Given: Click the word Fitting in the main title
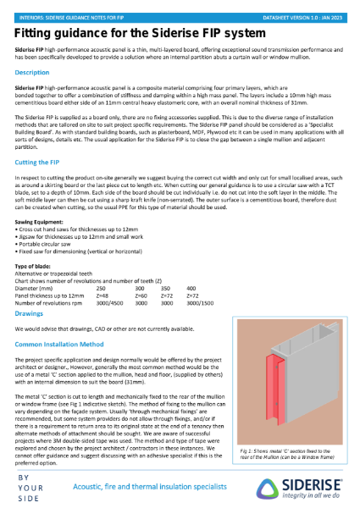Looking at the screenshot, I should (x=36, y=32).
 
